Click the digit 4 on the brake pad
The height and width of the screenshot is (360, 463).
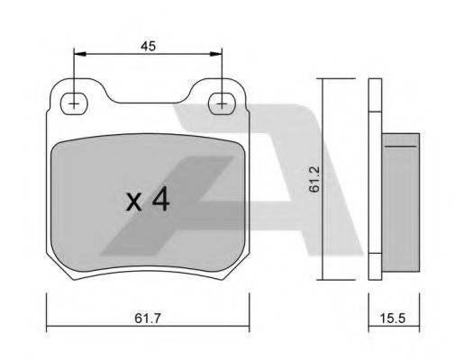(160, 200)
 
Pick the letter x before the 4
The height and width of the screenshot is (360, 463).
(133, 202)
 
